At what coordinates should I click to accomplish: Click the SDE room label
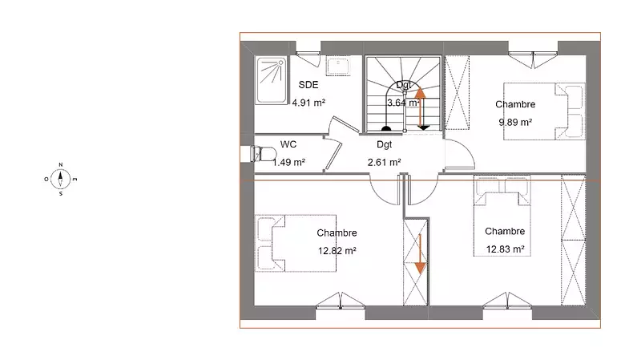(x=308, y=85)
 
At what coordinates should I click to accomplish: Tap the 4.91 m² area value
(x=308, y=103)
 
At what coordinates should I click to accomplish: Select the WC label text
(x=288, y=144)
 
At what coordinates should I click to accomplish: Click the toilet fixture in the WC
(x=264, y=154)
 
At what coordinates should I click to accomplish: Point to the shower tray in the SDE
(x=271, y=80)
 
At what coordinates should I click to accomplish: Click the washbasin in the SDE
(x=338, y=66)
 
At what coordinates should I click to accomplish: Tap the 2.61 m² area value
(x=385, y=163)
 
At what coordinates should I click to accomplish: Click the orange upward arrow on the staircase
(x=421, y=107)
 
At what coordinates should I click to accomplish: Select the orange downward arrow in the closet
(x=420, y=254)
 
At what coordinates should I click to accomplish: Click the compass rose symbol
(x=61, y=179)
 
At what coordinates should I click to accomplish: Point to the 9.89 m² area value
(x=515, y=123)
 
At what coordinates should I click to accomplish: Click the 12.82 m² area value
(x=337, y=251)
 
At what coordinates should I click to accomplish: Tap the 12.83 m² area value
(x=506, y=249)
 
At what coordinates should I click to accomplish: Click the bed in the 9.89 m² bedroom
(x=544, y=111)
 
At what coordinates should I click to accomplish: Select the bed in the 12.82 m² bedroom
(x=296, y=243)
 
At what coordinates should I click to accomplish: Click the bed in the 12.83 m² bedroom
(x=502, y=216)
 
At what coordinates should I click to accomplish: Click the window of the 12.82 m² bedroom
(x=341, y=301)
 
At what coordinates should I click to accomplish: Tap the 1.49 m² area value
(x=289, y=163)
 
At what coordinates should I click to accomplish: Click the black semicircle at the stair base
(x=386, y=129)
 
